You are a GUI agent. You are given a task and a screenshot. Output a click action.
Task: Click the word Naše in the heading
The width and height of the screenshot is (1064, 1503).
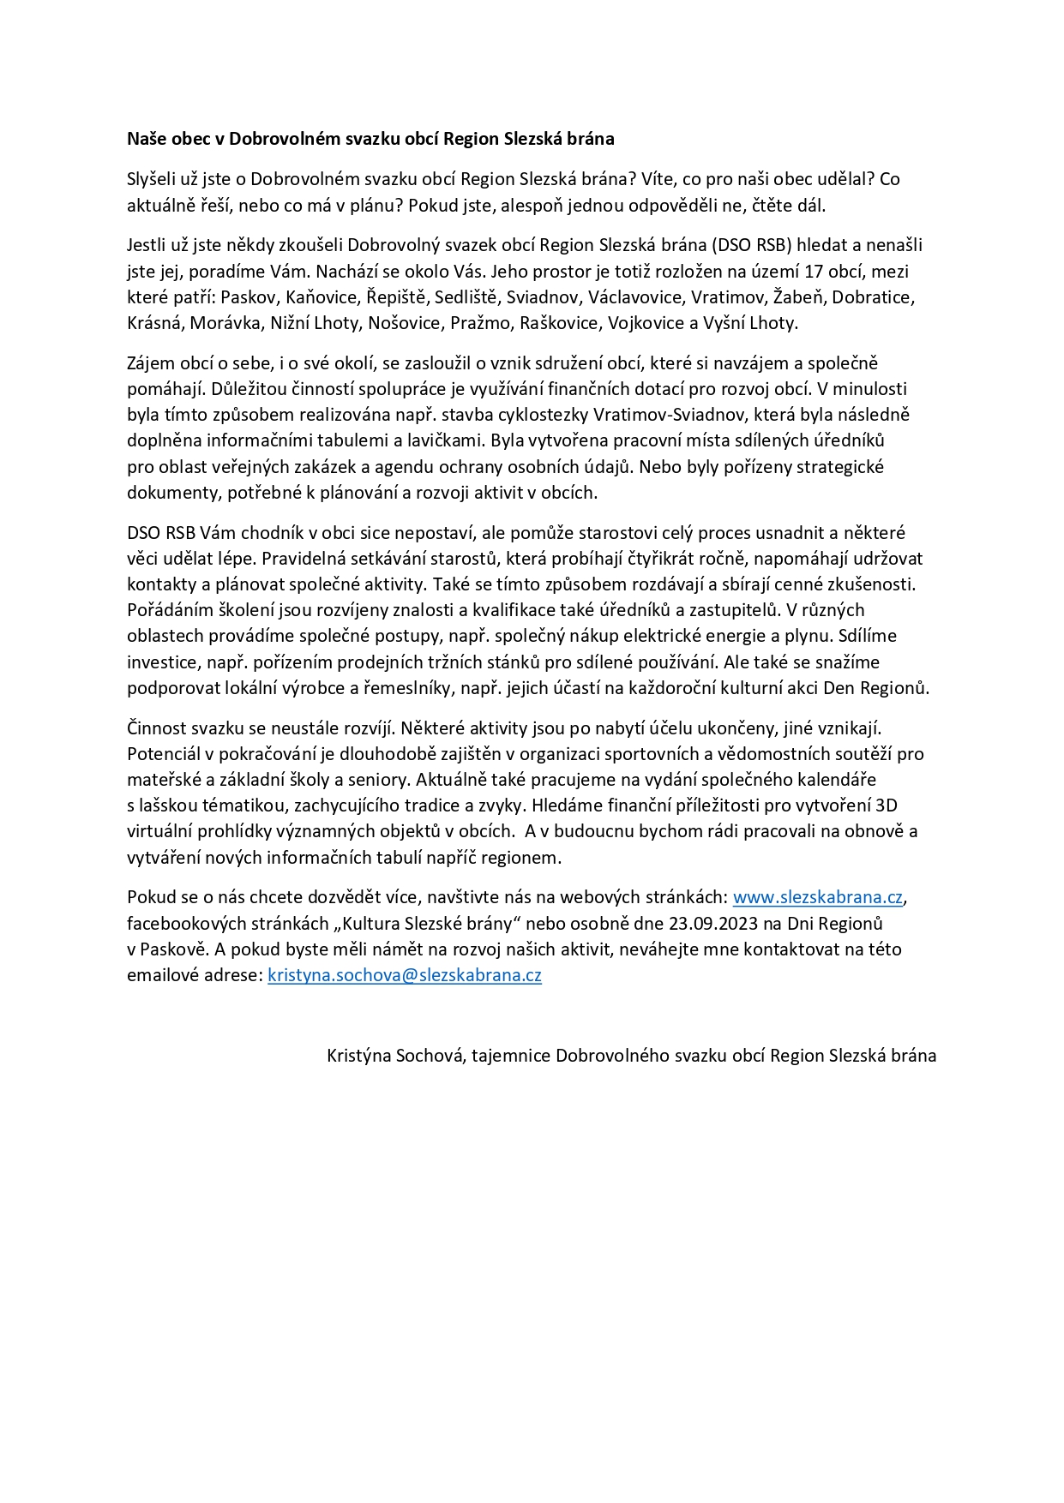click(x=147, y=139)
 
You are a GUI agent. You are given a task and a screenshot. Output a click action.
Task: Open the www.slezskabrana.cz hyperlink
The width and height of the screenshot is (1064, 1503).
click(x=818, y=897)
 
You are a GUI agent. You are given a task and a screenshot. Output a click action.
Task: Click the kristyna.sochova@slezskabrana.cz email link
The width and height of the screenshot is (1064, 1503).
click(x=405, y=975)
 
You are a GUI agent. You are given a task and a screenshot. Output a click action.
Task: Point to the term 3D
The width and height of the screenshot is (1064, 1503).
click(x=886, y=805)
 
